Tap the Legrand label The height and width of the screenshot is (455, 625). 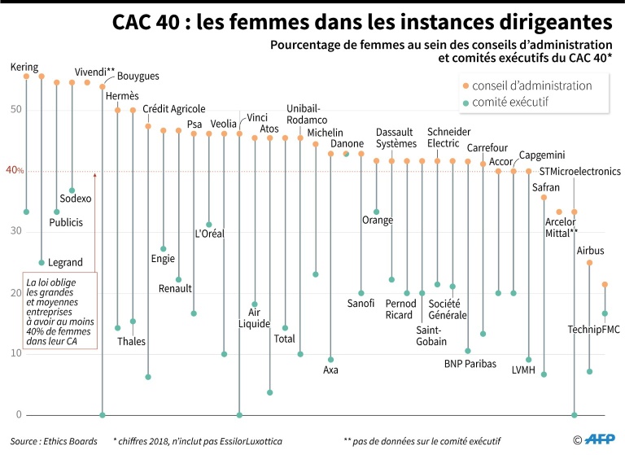coord(64,262)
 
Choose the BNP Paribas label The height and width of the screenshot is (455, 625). coord(470,364)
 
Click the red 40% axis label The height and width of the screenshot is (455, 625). coord(15,171)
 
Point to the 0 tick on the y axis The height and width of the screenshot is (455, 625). coord(18,415)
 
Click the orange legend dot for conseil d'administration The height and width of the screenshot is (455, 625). coord(465,85)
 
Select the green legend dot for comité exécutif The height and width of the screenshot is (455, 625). coord(465,103)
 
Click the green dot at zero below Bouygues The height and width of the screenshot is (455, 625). coord(103,415)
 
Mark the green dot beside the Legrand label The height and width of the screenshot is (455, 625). coord(42,262)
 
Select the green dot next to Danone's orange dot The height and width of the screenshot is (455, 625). coord(346,154)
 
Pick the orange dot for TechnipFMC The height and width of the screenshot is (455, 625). coord(605,284)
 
